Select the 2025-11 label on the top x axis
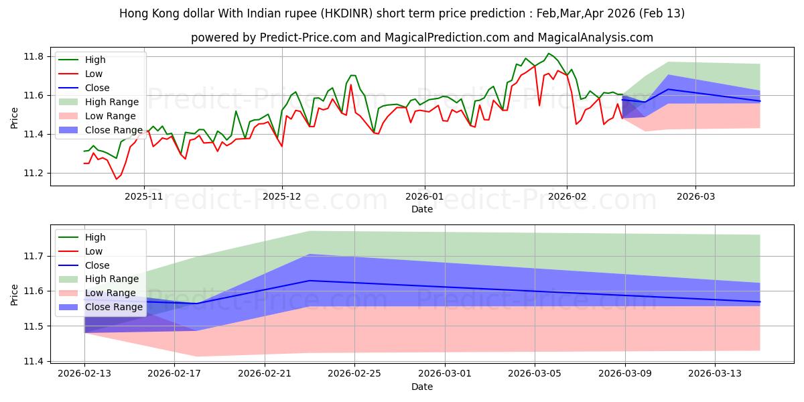[144, 196]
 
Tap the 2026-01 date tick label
[424, 196]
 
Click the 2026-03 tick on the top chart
[695, 196]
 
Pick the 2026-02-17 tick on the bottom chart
[174, 373]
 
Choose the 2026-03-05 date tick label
[535, 373]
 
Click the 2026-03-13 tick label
[715, 373]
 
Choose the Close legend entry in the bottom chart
[98, 265]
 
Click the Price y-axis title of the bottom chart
[15, 294]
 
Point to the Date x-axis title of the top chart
[422, 209]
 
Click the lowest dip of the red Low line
[116, 179]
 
